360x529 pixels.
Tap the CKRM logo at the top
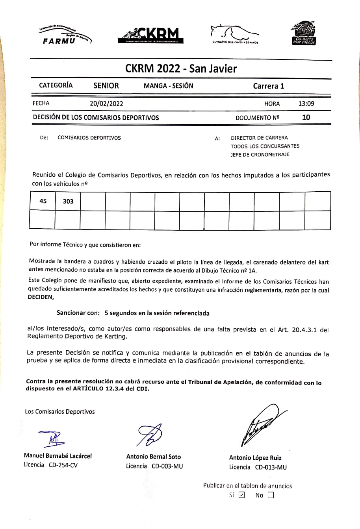pyautogui.click(x=150, y=35)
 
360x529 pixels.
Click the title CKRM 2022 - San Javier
pyautogui.click(x=181, y=69)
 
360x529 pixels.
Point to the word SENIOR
pyautogui.click(x=106, y=86)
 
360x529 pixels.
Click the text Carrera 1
pyautogui.click(x=268, y=86)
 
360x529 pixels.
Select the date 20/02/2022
pyautogui.click(x=106, y=104)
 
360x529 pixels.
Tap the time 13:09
pyautogui.click(x=306, y=104)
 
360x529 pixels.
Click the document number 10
pyautogui.click(x=306, y=117)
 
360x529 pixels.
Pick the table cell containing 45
pyautogui.click(x=43, y=201)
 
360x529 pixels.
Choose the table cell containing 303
pyautogui.click(x=68, y=201)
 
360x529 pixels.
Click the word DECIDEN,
pyautogui.click(x=41, y=298)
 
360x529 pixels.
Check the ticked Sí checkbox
pyautogui.click(x=242, y=495)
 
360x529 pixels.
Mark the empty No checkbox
pyautogui.click(x=270, y=496)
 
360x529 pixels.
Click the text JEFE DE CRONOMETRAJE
pyautogui.click(x=260, y=155)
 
